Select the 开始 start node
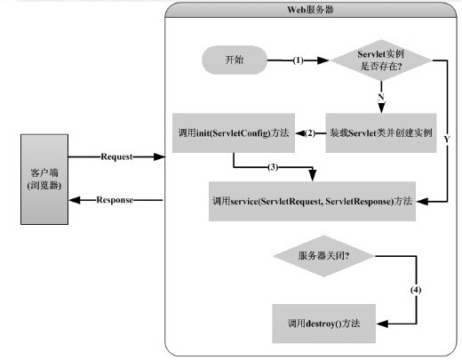click(x=235, y=60)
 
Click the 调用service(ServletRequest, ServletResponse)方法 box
click(x=310, y=201)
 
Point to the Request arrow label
click(x=116, y=156)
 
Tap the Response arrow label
click(x=115, y=200)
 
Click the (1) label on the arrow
click(x=299, y=60)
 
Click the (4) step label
click(x=415, y=291)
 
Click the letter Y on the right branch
click(x=445, y=140)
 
